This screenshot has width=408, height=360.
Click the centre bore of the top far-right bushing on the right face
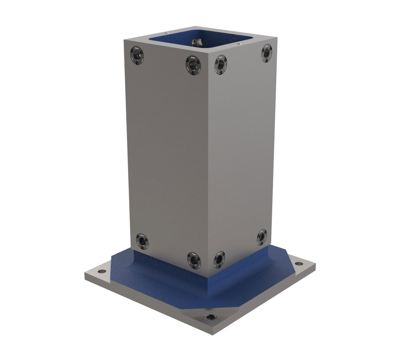tap(266, 53)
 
